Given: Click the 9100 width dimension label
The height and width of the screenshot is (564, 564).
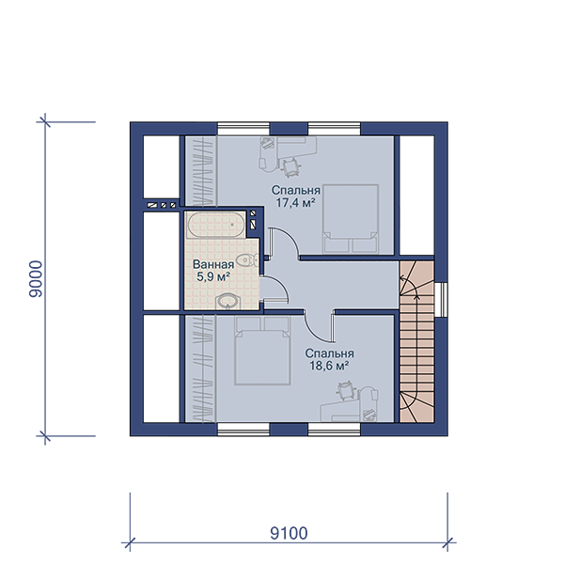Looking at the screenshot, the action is (289, 533).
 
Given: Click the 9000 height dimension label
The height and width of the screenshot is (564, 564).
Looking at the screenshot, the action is (36, 279).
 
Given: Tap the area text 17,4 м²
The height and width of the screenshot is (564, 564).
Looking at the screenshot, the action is (295, 203).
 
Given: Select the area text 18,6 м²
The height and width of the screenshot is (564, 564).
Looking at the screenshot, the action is (329, 367).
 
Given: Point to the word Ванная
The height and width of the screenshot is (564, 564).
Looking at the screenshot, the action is (213, 264).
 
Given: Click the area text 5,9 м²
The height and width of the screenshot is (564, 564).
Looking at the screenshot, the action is (213, 277).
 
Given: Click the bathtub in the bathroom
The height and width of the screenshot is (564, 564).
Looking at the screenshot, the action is (215, 225).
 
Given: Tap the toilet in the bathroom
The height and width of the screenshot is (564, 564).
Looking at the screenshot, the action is (247, 259).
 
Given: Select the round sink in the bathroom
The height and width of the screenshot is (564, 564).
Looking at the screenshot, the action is (227, 302).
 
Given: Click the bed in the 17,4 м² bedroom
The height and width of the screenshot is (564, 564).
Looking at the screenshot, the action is (351, 219).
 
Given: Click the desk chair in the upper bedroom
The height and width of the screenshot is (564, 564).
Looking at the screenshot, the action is (291, 167).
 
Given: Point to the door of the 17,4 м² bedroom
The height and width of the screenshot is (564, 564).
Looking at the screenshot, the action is (284, 242).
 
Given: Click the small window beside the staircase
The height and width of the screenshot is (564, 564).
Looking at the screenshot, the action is (441, 300).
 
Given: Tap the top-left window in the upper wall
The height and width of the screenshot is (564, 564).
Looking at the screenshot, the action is (243, 129).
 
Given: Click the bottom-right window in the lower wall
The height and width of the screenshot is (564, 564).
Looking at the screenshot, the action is (334, 430).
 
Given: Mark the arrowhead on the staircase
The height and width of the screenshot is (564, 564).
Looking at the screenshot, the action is (416, 296).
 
